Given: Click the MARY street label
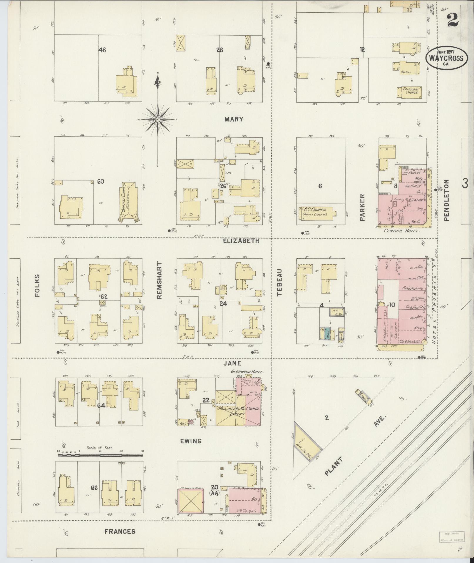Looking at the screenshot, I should click(234, 119).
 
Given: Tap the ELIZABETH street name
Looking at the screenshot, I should click(241, 241).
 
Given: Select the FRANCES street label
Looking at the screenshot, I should click(120, 531).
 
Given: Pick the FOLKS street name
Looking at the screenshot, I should click(37, 285).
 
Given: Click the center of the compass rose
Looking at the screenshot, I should click(158, 119).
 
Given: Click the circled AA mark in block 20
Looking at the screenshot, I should click(214, 493).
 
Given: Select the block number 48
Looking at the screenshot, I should click(102, 50).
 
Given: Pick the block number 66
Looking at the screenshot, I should click(94, 488).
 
